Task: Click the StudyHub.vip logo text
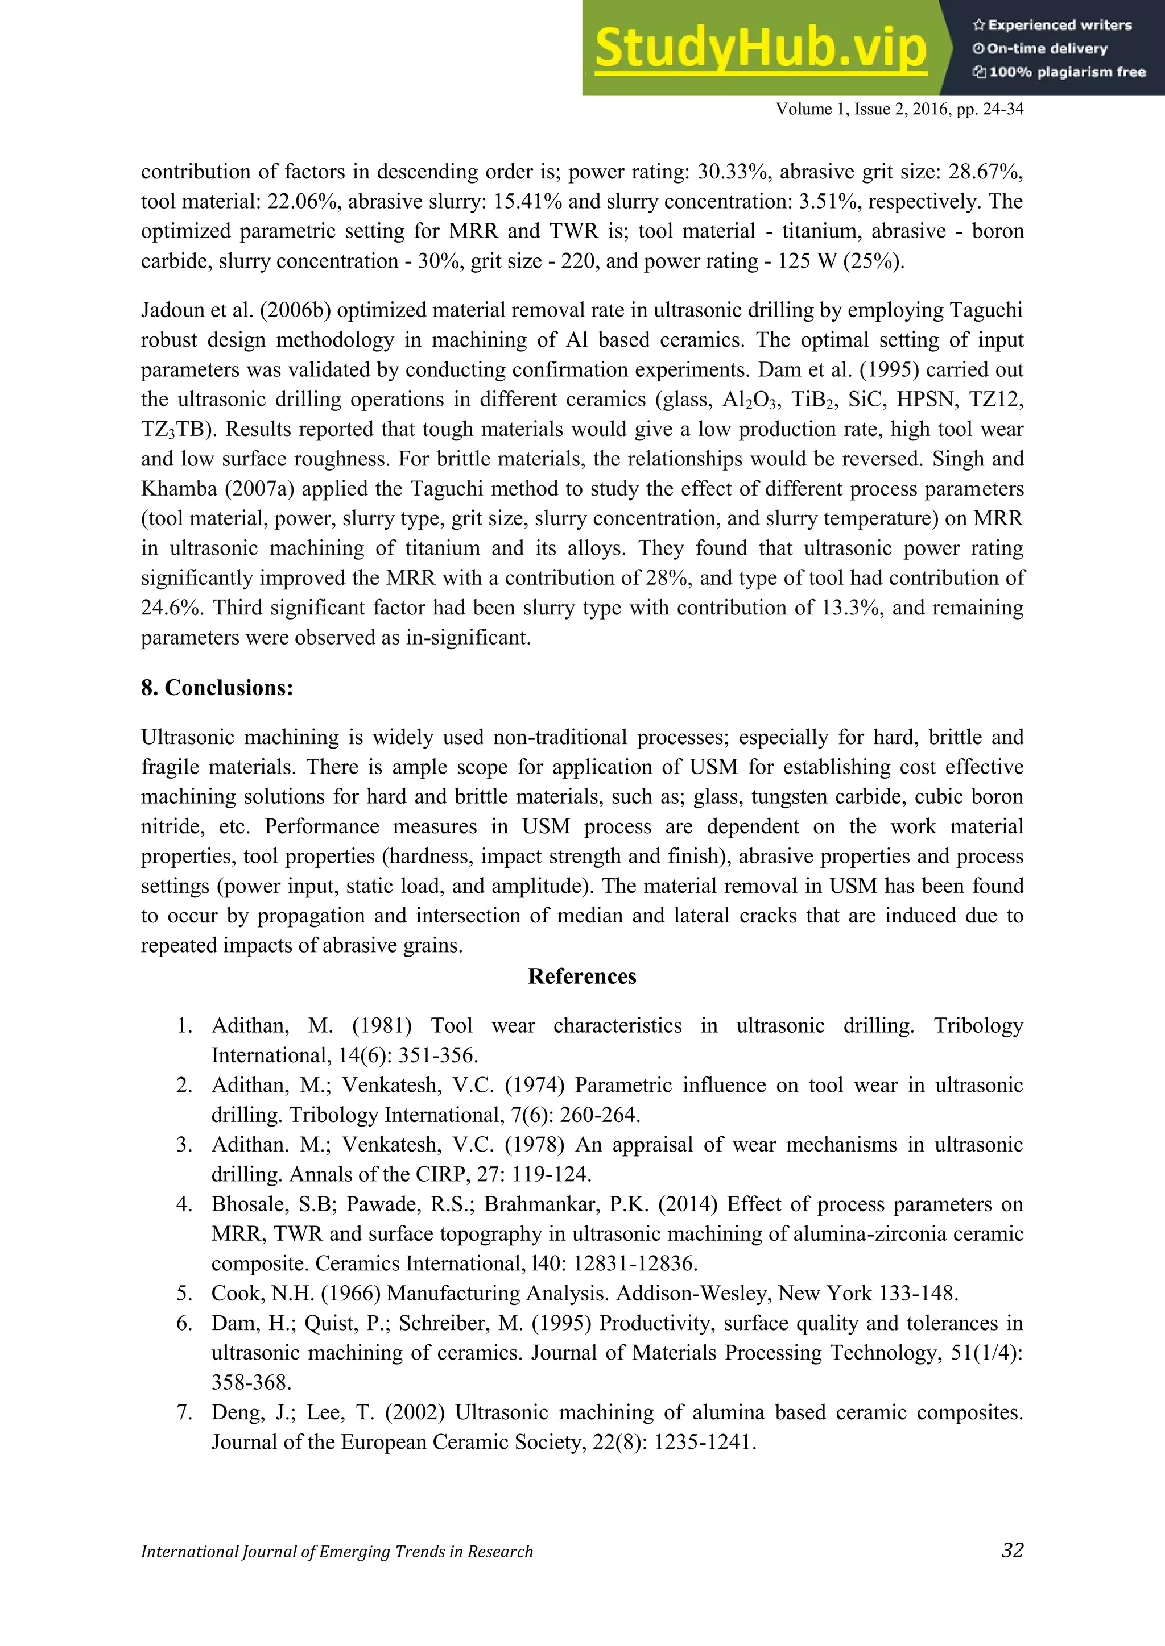click(x=761, y=49)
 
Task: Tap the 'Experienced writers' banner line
click(x=1052, y=25)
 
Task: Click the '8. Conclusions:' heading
click(x=217, y=688)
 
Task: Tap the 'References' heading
click(x=582, y=976)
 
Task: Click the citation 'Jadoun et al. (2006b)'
click(x=236, y=310)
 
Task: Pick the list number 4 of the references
click(x=184, y=1204)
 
